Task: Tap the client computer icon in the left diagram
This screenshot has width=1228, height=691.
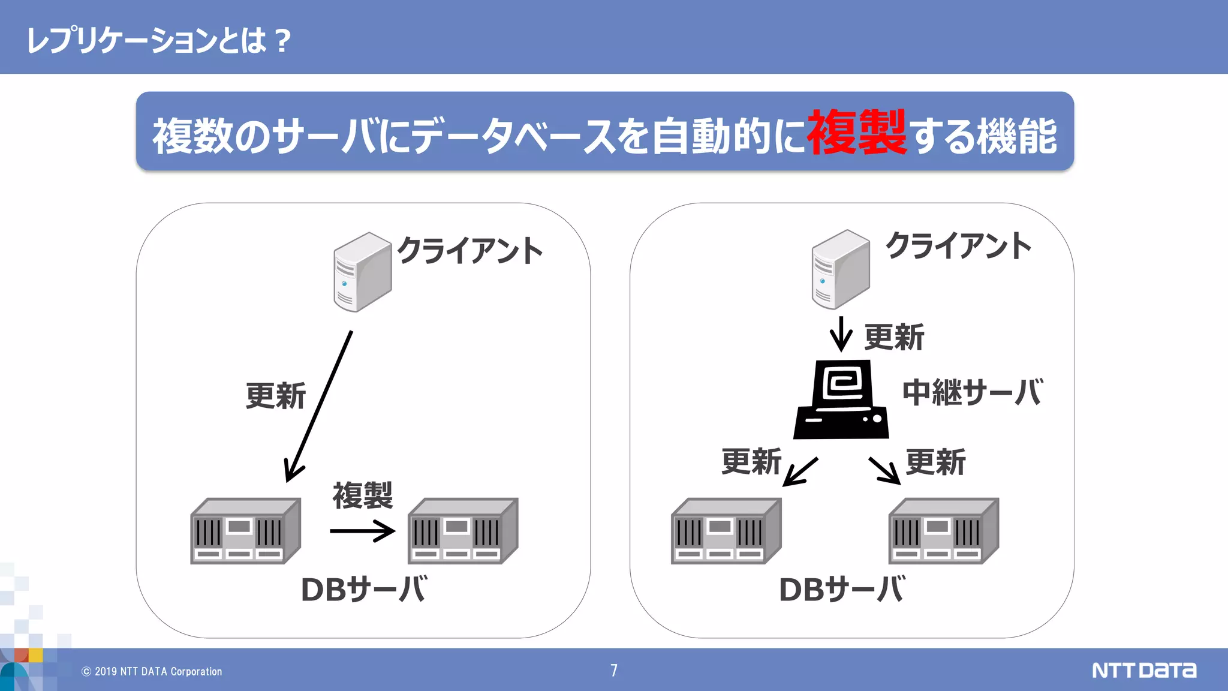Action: [362, 272]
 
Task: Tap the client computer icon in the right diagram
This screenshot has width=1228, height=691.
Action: [840, 269]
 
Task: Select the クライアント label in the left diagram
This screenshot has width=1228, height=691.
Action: [470, 251]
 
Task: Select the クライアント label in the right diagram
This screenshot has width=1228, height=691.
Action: [958, 246]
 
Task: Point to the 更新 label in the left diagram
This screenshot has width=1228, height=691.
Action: [276, 396]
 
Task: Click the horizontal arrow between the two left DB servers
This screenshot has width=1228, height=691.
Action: [362, 531]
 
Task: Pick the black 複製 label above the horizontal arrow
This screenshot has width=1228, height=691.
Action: [362, 495]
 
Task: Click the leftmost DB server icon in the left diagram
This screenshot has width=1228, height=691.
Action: [245, 531]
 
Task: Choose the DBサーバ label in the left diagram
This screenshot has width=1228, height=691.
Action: [364, 590]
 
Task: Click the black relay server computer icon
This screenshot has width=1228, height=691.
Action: [841, 399]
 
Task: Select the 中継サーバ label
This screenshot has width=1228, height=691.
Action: [973, 392]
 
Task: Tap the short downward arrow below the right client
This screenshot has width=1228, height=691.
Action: [841, 334]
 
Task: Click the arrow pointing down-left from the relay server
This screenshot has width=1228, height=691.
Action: [800, 471]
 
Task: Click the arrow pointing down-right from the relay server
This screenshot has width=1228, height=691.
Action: [884, 470]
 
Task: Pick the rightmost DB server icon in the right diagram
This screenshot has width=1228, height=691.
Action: [943, 531]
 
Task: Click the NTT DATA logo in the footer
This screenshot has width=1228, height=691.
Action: [1143, 670]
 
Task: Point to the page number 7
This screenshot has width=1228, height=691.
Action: [614, 671]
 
